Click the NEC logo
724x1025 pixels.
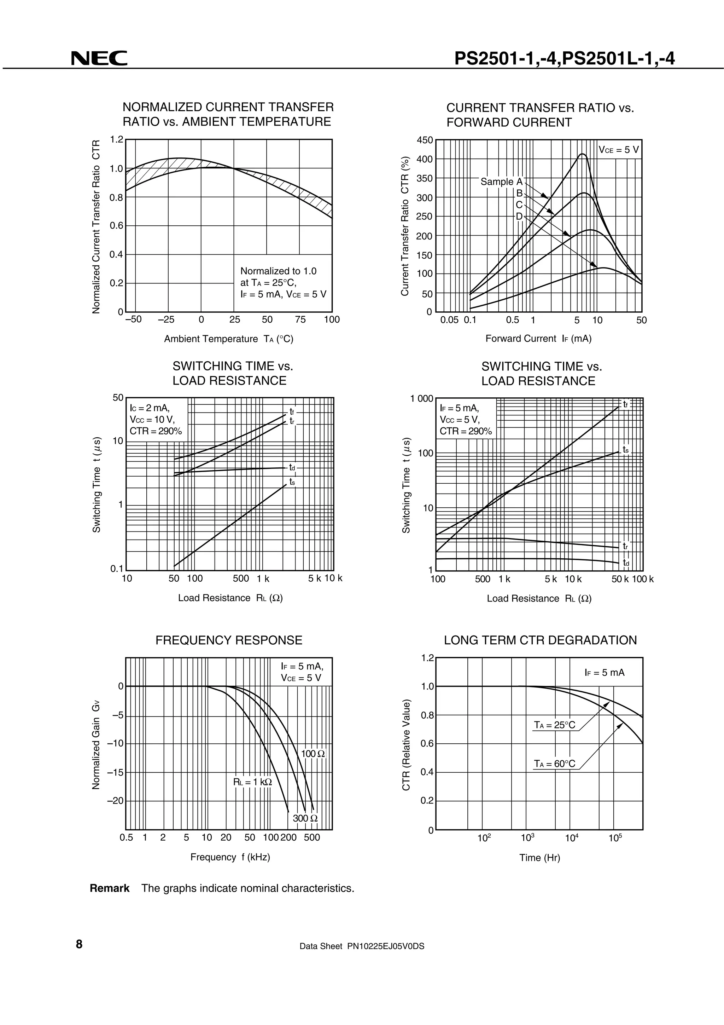tap(99, 58)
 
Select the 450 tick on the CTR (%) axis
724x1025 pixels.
tap(425, 140)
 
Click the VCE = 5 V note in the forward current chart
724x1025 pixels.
tap(619, 150)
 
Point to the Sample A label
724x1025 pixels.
tap(501, 182)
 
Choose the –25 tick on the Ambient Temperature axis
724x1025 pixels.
tap(166, 319)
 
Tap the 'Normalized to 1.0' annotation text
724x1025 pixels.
tap(278, 271)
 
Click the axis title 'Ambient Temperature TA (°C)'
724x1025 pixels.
tap(229, 339)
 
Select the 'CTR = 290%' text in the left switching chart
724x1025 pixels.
tap(156, 431)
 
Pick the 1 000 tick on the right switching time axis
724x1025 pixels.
tap(421, 398)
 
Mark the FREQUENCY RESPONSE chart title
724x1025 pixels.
tap(229, 640)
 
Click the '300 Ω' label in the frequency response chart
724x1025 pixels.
tap(305, 818)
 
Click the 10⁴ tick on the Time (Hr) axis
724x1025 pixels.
tap(572, 837)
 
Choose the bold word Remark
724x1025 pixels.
tap(110, 888)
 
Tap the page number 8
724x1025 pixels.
tap(80, 944)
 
